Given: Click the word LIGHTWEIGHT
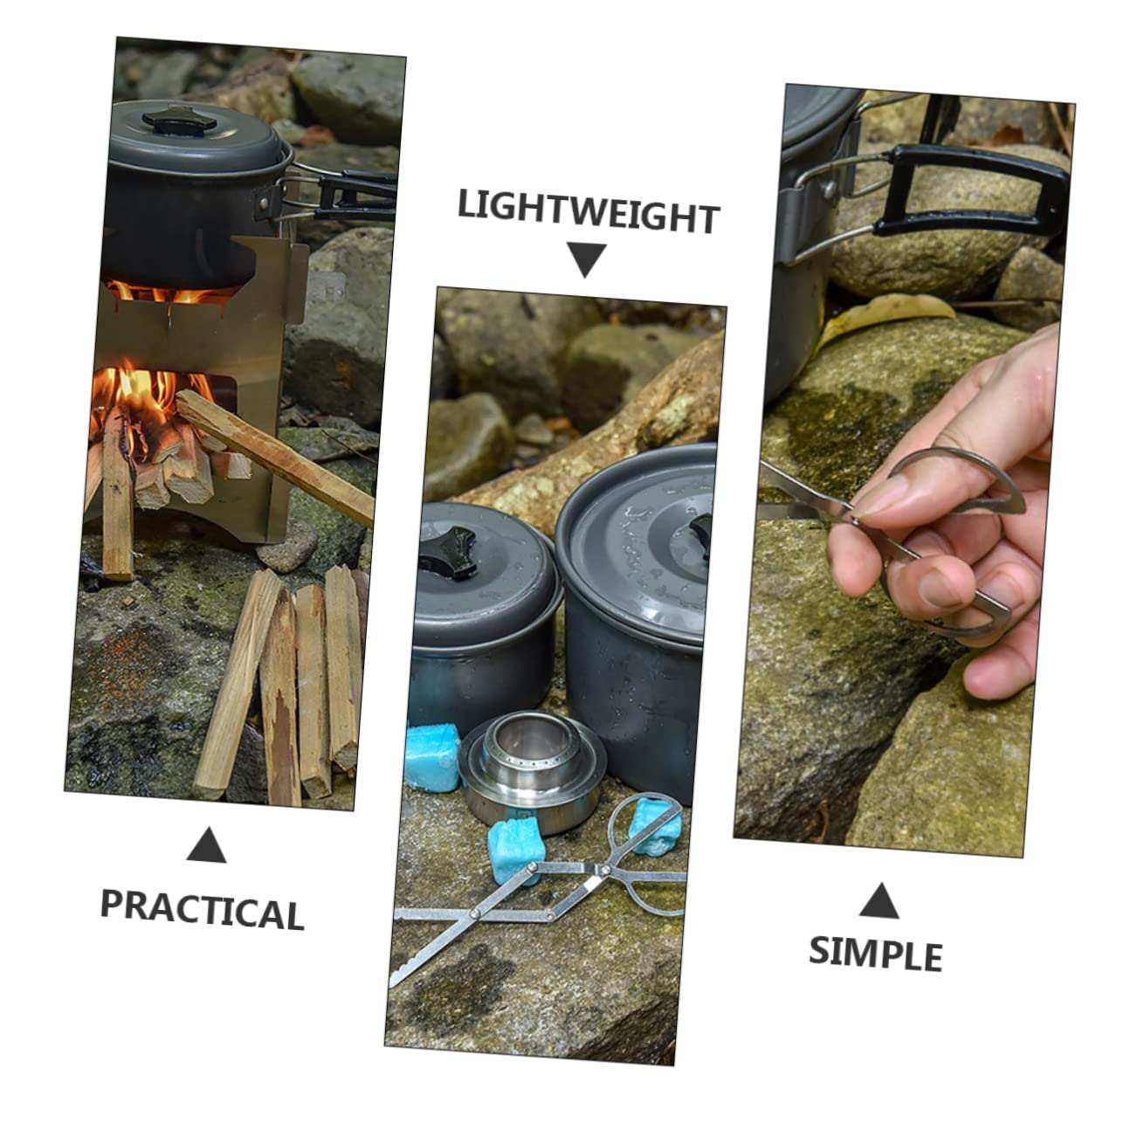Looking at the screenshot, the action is point(588,211).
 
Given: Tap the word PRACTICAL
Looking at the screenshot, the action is point(203,910).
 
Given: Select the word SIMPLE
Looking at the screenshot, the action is point(876,954).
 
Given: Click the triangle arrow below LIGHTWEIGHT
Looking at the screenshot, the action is point(587,258).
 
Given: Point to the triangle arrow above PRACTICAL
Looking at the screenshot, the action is point(206,845).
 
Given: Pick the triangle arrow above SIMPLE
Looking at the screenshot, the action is point(878,901).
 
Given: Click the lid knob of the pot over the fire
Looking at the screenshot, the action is point(180,120).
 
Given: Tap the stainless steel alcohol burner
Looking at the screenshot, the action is point(532,768).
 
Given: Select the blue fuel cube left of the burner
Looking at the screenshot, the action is point(433,757).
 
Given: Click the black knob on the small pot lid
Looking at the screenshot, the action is point(449,551).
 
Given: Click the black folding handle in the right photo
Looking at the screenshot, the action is point(970,189).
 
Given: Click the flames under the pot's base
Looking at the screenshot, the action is point(170,293).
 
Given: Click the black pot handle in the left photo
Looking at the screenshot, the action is point(355,196).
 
